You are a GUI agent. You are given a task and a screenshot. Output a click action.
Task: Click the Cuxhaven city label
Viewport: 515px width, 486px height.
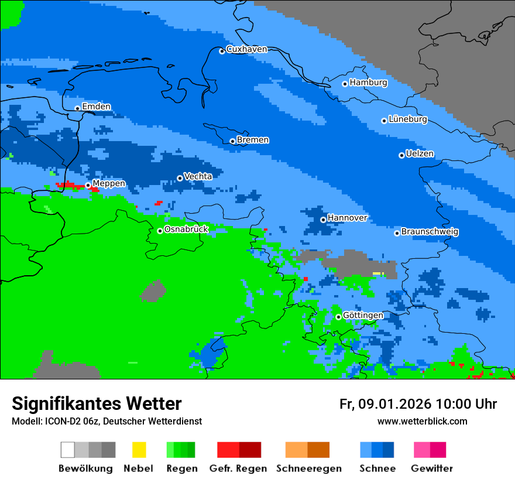click(246, 49)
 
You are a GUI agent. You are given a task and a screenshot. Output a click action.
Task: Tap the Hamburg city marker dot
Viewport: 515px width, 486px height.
click(345, 84)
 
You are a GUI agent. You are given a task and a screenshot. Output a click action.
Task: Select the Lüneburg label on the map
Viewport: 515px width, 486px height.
click(407, 119)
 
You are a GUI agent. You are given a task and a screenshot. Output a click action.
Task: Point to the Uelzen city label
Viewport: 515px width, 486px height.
click(420, 154)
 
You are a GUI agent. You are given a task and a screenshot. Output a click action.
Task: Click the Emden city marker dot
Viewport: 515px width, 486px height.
click(77, 108)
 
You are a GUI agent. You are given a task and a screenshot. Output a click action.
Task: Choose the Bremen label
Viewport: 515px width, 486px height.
click(253, 140)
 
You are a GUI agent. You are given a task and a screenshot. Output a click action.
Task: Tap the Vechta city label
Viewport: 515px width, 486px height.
click(198, 176)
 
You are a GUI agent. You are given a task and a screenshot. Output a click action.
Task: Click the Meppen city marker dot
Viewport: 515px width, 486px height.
click(88, 185)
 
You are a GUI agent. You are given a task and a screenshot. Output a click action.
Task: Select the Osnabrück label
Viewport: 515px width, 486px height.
click(186, 230)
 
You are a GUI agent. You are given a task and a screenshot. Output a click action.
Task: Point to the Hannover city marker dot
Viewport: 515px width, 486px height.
click(323, 220)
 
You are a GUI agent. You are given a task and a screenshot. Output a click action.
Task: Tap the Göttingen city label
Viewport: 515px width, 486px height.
click(363, 316)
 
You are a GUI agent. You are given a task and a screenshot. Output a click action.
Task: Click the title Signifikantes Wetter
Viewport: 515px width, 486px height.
click(97, 404)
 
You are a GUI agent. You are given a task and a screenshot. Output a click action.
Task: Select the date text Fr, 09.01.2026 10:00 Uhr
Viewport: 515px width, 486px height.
click(418, 404)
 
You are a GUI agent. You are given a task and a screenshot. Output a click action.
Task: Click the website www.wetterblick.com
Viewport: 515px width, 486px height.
click(422, 422)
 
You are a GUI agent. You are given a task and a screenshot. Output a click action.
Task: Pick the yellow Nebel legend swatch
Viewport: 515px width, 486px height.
click(139, 450)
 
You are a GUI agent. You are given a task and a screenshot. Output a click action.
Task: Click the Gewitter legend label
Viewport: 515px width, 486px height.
click(432, 468)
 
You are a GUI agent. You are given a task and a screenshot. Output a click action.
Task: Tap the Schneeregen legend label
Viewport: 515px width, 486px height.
click(308, 468)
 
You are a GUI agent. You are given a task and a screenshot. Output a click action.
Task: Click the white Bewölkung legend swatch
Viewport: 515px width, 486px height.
click(67, 450)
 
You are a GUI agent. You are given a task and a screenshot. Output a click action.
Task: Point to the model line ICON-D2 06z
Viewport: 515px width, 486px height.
click(107, 422)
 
